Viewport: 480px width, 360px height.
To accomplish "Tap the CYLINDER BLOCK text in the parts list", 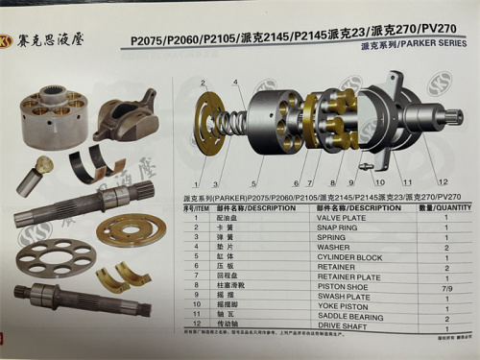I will [x=345, y=257].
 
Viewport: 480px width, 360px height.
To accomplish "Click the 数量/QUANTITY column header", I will [x=445, y=206].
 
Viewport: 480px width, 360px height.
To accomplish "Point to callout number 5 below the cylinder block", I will [x=254, y=183].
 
